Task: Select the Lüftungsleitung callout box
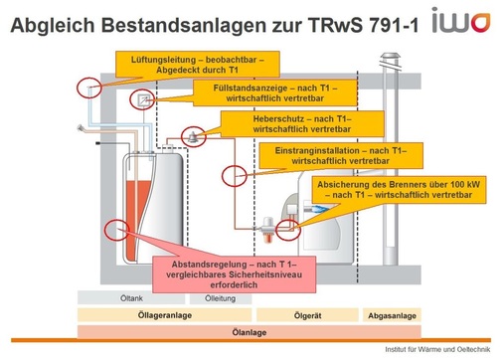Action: [191, 65]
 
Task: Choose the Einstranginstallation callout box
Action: [329, 155]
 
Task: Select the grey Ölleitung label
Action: [219, 298]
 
